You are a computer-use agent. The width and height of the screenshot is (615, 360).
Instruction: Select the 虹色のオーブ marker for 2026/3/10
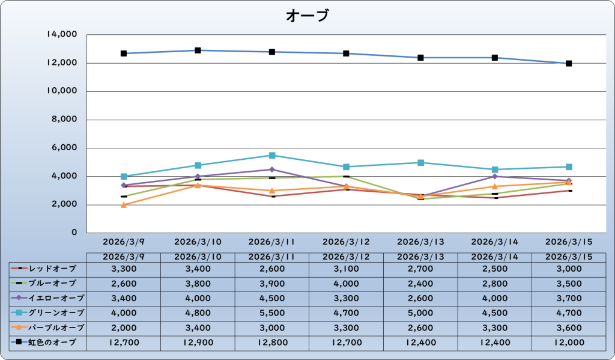(x=198, y=50)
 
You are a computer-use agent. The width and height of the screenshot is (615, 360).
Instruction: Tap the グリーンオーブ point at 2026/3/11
(x=272, y=155)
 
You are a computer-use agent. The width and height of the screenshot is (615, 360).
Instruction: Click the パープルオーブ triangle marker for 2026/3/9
(x=124, y=205)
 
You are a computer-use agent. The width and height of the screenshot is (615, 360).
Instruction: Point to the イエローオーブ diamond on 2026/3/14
(x=494, y=177)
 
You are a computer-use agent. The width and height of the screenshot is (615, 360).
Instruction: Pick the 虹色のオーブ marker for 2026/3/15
(x=569, y=63)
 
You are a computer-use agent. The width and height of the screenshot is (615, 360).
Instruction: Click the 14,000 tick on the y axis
(x=61, y=35)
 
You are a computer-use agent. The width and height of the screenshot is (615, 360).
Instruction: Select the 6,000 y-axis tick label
(x=64, y=148)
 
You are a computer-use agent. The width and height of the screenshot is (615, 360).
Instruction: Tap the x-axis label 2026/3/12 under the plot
(x=346, y=242)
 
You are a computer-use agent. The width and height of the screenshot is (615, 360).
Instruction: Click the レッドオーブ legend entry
(x=48, y=268)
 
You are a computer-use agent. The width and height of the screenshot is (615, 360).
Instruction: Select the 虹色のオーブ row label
(x=48, y=343)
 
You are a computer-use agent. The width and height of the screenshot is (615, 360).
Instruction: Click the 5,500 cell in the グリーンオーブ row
(x=272, y=313)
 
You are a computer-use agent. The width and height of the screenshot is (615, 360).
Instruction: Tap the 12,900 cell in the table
(x=198, y=343)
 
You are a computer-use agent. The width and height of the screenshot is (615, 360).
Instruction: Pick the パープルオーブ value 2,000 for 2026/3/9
(x=124, y=328)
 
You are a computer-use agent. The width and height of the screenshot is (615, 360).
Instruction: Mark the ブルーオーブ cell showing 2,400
(x=420, y=283)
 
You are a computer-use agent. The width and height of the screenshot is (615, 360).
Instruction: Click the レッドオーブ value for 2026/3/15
(x=569, y=268)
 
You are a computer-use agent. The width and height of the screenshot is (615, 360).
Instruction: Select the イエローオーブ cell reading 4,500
(x=272, y=298)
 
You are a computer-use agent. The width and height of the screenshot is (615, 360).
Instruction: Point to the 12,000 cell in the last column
(x=569, y=343)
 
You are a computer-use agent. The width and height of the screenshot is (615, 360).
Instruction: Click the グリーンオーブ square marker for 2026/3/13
(x=420, y=162)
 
